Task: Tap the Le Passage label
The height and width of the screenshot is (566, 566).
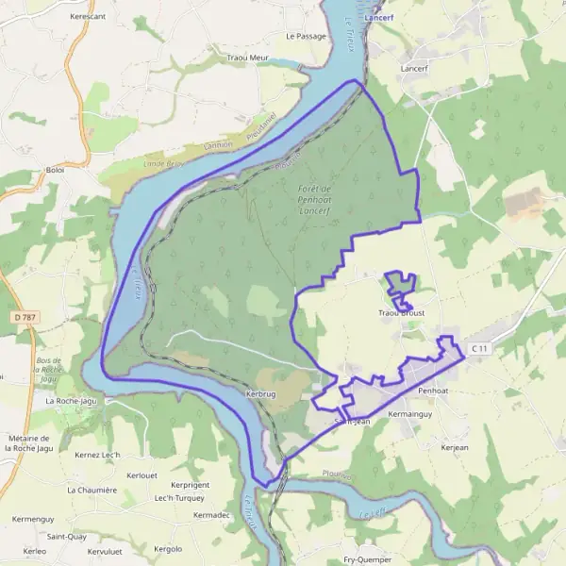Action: tap(305, 36)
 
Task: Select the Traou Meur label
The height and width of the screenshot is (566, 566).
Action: tap(248, 58)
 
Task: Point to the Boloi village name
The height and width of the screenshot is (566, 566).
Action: tap(55, 170)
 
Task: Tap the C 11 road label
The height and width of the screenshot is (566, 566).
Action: tap(480, 349)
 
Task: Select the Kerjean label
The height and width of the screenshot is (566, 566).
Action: tap(454, 447)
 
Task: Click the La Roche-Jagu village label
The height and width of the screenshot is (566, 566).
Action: tap(76, 401)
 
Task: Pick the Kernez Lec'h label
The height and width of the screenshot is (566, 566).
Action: tap(97, 456)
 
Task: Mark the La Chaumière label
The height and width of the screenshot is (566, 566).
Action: tap(92, 490)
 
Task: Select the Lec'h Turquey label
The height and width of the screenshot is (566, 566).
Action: tap(178, 497)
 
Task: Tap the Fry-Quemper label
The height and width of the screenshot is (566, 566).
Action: tap(367, 559)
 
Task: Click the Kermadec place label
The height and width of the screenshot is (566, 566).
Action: tap(211, 515)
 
